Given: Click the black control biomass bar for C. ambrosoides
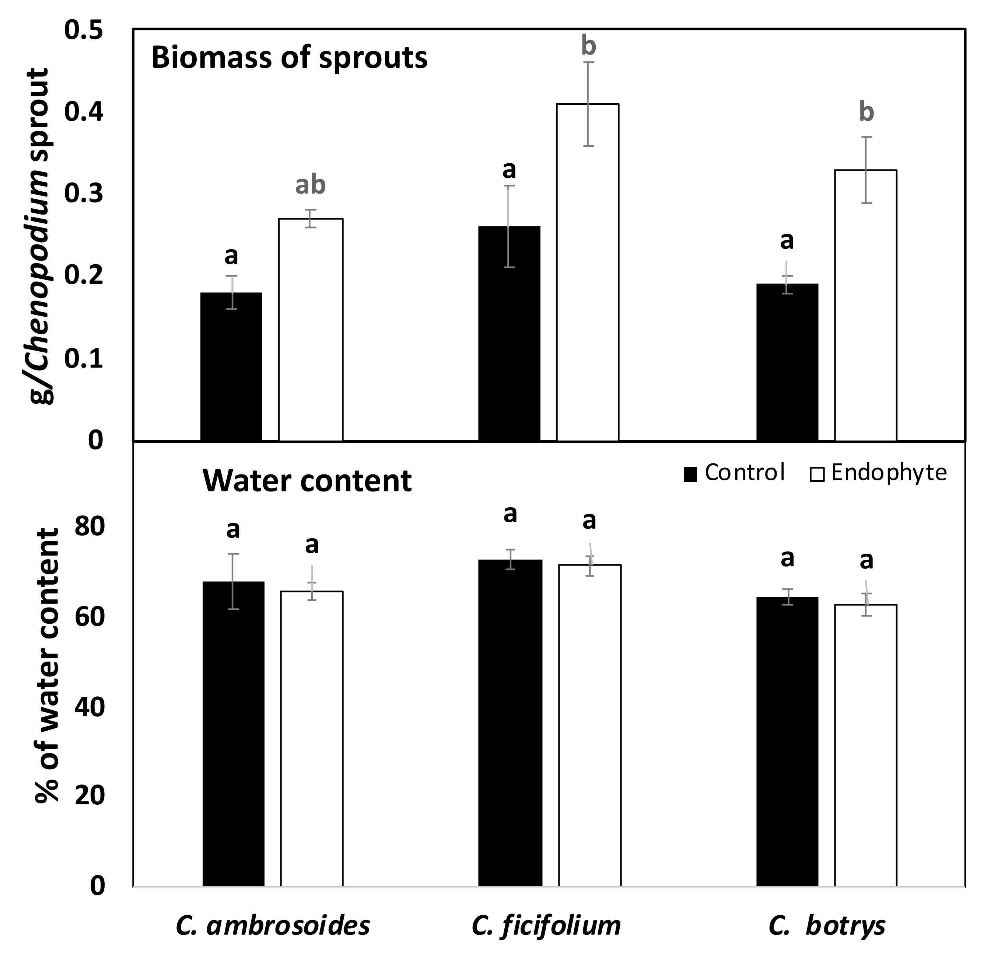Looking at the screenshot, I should click(x=231, y=367).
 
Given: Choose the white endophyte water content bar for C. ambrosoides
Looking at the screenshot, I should click(x=312, y=738).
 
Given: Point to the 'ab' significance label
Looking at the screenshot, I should click(x=310, y=185).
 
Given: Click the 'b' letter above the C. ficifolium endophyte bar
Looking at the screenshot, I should click(x=588, y=46).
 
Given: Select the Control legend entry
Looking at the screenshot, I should click(x=734, y=473).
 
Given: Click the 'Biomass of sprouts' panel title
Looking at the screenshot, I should click(x=289, y=58).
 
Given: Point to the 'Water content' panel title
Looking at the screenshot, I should click(x=307, y=481).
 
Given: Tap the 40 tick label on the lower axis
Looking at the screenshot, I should click(x=90, y=707).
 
